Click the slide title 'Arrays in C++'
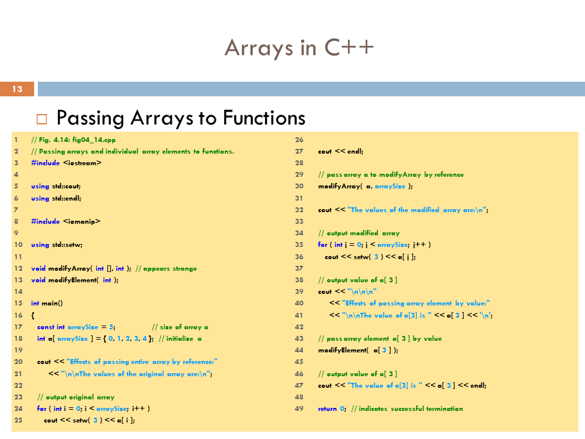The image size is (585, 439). [299, 47]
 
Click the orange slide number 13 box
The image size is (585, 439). [17, 90]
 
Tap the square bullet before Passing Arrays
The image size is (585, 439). [41, 118]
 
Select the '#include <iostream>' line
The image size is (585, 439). [66, 163]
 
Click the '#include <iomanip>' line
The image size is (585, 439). [65, 221]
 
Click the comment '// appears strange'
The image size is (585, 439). [166, 268]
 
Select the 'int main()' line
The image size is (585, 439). [47, 303]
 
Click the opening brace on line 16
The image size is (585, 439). [33, 315]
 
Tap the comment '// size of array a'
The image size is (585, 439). [180, 327]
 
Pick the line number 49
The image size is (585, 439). [299, 409]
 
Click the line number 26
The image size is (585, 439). [299, 140]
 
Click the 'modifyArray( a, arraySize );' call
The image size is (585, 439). [365, 186]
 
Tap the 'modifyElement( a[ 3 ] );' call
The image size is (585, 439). [358, 350]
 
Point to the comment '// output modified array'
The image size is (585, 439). [359, 233]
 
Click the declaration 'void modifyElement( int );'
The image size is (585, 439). [74, 280]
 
